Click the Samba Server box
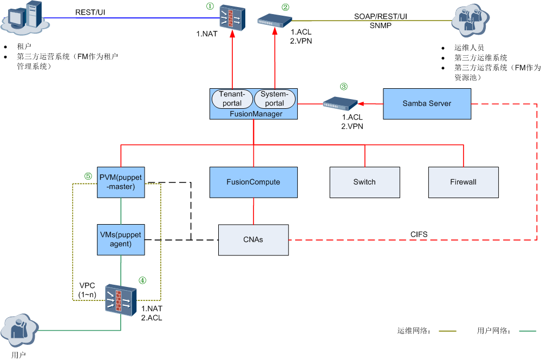coord(427,103)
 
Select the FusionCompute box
coord(253,182)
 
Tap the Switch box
coord(364,182)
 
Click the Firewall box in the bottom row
coord(463,182)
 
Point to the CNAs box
coord(253,239)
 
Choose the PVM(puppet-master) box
coord(120,182)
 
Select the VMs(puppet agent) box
coord(120,239)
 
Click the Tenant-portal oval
coord(231,99)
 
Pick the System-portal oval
coord(275,99)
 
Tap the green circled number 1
coord(210,6)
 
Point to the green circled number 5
coord(88,176)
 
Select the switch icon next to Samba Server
coord(341,103)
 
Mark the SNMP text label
coord(381,25)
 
